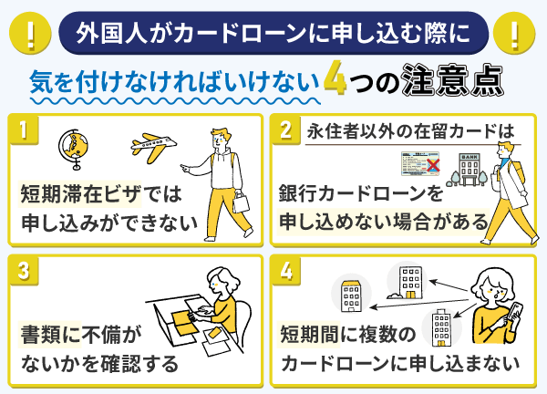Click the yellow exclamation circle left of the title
[30, 34]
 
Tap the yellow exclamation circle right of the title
[514, 34]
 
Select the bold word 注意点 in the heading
[452, 80]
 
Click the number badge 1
[24, 130]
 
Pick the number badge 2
[286, 130]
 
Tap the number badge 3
[24, 271]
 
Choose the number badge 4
[286, 271]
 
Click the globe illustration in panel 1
[73, 150]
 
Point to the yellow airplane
[153, 146]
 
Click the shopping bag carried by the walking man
[241, 202]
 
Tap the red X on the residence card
[433, 165]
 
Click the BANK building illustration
[470, 169]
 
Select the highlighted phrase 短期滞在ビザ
[80, 194]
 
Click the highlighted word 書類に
[50, 335]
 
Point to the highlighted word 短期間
[309, 335]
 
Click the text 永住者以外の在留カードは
[410, 131]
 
